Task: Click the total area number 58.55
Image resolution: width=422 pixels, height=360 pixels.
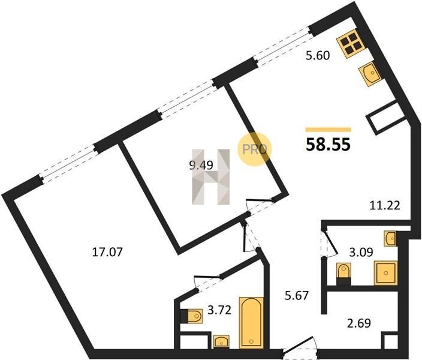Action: pyautogui.click(x=328, y=145)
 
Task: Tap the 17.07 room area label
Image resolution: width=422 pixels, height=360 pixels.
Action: pyautogui.click(x=107, y=252)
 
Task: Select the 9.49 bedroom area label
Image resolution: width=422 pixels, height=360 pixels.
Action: pyautogui.click(x=201, y=165)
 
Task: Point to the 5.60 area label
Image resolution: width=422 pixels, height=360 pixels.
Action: pyautogui.click(x=318, y=56)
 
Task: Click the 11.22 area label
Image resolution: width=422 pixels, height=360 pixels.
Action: pyautogui.click(x=385, y=206)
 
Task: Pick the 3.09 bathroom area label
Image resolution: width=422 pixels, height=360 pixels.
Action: pyautogui.click(x=361, y=253)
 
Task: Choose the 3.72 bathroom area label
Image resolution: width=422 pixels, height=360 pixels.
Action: pyautogui.click(x=219, y=310)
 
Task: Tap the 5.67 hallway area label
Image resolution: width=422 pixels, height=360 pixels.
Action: pyautogui.click(x=296, y=296)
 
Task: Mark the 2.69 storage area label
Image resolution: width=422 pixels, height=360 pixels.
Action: pyautogui.click(x=359, y=323)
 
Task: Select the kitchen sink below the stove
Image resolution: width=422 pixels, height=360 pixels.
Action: pyautogui.click(x=370, y=74)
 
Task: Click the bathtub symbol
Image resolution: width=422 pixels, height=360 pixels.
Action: pyautogui.click(x=251, y=323)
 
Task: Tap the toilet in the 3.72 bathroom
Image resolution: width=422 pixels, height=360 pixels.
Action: pyautogui.click(x=192, y=316)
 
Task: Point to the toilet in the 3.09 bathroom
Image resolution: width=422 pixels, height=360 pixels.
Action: pyautogui.click(x=344, y=274)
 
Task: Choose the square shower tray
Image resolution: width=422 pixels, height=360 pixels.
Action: pyautogui.click(x=385, y=273)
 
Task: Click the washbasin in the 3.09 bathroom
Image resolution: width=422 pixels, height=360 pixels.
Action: pyautogui.click(x=390, y=238)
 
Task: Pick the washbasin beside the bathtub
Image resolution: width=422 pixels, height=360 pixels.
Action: pyautogui.click(x=222, y=342)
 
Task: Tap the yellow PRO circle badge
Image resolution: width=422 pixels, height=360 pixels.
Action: pyautogui.click(x=254, y=149)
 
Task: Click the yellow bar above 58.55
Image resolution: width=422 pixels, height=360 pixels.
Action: pyautogui.click(x=328, y=130)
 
